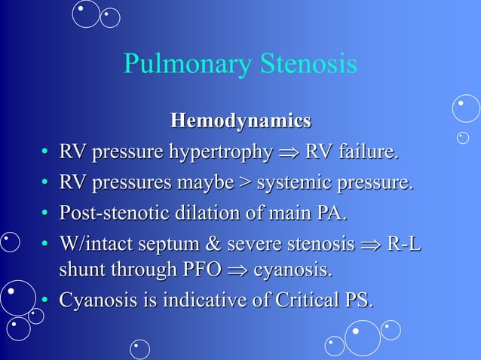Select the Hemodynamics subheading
pyautogui.click(x=240, y=120)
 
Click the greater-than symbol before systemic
pyautogui.click(x=247, y=182)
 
